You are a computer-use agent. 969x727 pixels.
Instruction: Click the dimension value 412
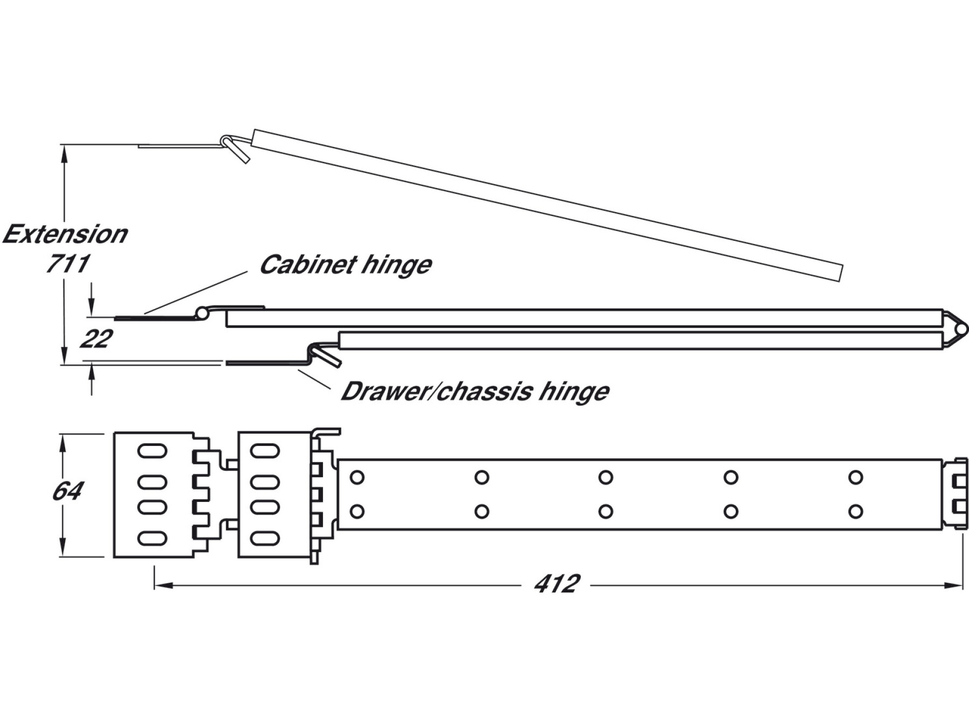pyautogui.click(x=557, y=584)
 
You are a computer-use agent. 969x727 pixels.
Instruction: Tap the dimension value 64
pyautogui.click(x=67, y=491)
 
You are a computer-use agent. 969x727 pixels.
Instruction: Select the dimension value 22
pyautogui.click(x=96, y=339)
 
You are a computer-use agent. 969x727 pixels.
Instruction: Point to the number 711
pyautogui.click(x=67, y=264)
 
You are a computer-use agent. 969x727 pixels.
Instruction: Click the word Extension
pyautogui.click(x=65, y=234)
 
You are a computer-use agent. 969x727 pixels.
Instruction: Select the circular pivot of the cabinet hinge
pyautogui.click(x=202, y=312)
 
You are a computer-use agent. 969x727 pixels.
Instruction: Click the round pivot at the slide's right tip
pyautogui.click(x=961, y=329)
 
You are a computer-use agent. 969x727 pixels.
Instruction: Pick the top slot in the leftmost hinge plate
pyautogui.click(x=152, y=451)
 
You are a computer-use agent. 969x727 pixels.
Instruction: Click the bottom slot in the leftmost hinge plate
pyautogui.click(x=152, y=538)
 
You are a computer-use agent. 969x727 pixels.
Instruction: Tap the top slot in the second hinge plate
pyautogui.click(x=265, y=451)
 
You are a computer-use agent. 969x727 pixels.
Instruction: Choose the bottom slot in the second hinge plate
pyautogui.click(x=265, y=538)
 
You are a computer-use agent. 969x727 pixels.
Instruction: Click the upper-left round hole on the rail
pyautogui.click(x=357, y=477)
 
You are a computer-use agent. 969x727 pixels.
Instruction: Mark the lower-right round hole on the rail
pyautogui.click(x=855, y=511)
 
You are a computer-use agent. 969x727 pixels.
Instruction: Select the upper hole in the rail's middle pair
pyautogui.click(x=606, y=477)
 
